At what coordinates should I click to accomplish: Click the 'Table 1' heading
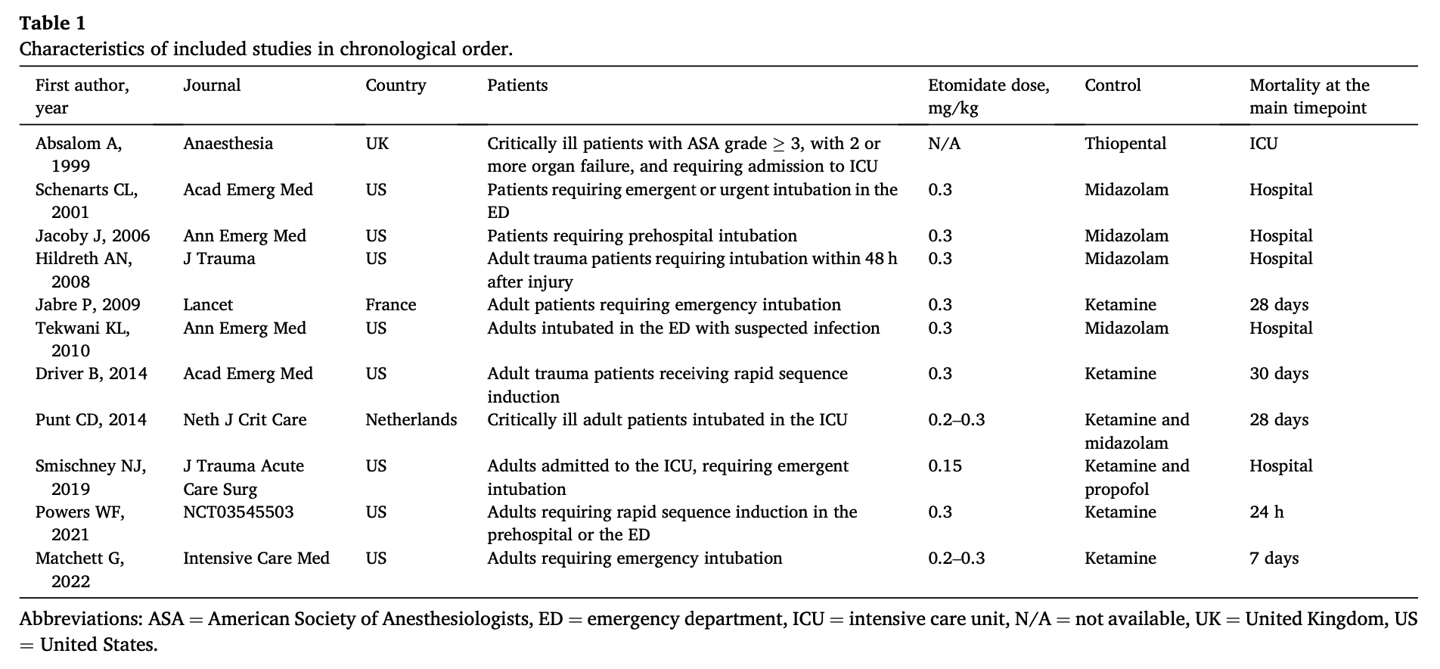click(x=52, y=23)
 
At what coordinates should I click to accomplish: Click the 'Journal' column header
click(x=212, y=86)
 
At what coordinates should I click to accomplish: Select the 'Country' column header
click(x=396, y=86)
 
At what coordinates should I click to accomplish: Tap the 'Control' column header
click(x=1113, y=86)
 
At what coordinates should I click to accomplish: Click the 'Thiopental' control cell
click(x=1125, y=144)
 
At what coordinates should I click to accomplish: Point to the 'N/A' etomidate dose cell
click(x=944, y=144)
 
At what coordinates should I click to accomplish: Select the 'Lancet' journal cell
click(x=208, y=305)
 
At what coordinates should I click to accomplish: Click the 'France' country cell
click(x=390, y=305)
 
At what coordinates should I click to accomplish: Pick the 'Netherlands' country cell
click(x=411, y=420)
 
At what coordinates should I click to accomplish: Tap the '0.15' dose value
click(x=945, y=466)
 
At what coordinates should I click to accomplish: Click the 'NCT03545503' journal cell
click(x=238, y=512)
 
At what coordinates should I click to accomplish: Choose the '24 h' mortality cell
click(x=1266, y=512)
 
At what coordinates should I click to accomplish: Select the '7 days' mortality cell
click(x=1274, y=559)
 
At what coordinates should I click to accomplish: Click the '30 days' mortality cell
click(x=1278, y=374)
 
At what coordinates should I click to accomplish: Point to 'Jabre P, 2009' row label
click(x=88, y=305)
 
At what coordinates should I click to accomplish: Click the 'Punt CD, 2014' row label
click(x=91, y=420)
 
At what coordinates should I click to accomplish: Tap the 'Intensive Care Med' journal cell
click(x=256, y=559)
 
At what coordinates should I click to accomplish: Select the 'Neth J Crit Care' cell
click(x=245, y=420)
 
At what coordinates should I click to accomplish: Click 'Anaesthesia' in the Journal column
click(x=228, y=144)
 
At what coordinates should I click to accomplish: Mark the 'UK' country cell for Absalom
click(x=377, y=144)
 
